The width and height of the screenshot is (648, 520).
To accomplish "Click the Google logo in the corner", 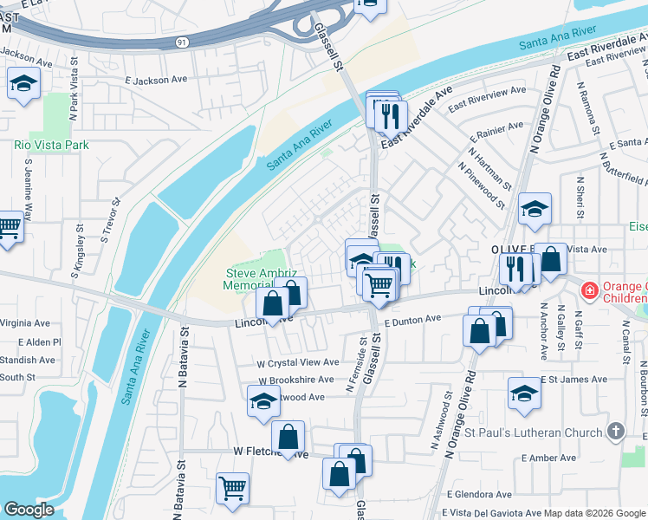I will [x=29, y=510].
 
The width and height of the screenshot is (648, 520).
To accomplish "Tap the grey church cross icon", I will [x=615, y=431].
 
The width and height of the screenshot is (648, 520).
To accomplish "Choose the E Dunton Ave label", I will [x=413, y=321].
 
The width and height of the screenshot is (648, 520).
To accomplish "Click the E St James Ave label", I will [x=574, y=380].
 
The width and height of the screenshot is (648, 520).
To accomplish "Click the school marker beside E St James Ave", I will [x=524, y=394].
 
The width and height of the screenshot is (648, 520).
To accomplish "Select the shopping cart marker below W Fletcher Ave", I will [x=232, y=488].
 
